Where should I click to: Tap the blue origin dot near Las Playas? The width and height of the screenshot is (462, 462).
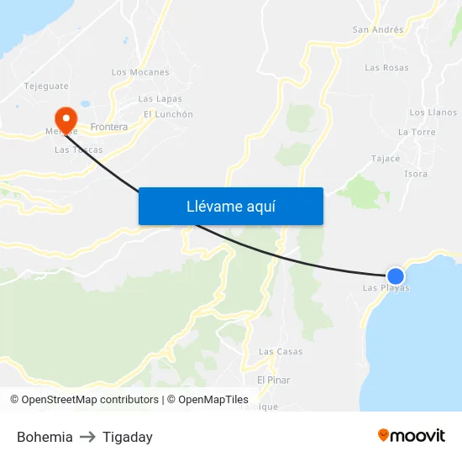395,276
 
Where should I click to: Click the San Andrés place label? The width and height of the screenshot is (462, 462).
377,29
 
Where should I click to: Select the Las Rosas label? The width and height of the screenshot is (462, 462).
386,68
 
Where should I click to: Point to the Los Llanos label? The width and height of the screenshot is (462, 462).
433,113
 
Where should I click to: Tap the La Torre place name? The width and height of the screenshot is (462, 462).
417,132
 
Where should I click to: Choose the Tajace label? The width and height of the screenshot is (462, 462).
386,158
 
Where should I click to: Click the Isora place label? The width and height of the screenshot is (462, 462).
416,174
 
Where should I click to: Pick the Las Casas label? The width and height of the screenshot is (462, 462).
281,351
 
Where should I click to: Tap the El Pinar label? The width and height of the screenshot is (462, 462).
274,380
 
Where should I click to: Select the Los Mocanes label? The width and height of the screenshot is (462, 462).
140,72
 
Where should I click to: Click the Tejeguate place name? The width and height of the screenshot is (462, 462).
46,86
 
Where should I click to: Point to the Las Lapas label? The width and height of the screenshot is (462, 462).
160,99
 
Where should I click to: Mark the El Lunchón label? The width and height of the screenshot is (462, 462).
168,114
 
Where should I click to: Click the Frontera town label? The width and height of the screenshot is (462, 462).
108,128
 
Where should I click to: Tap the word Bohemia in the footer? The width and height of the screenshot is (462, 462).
45,437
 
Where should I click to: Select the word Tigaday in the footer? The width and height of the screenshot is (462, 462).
128,437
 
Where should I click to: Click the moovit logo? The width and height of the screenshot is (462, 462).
411,435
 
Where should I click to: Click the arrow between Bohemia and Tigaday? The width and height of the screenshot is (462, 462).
87,437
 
